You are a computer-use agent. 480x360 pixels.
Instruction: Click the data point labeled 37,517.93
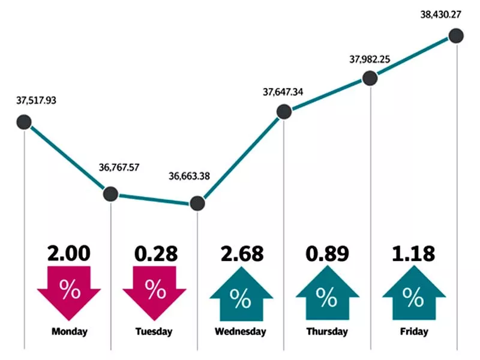[x=23, y=123]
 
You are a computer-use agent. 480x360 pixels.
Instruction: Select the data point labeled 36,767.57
[x=111, y=194]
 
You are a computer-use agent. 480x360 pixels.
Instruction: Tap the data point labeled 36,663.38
[x=197, y=203]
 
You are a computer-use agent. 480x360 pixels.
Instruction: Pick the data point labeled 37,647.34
[x=284, y=112]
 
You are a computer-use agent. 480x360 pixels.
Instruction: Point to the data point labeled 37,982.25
[x=370, y=78]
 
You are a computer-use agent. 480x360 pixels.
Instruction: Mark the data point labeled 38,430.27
[x=457, y=36]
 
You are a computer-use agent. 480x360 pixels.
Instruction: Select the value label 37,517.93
[x=37, y=100]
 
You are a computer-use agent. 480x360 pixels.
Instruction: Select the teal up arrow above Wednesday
[x=241, y=294]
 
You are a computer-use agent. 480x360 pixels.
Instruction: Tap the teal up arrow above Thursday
[x=327, y=294]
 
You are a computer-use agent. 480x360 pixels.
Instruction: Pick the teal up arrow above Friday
[x=413, y=294]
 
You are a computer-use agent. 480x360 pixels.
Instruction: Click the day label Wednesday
[x=241, y=331]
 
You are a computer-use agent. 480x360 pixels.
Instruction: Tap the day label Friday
[x=413, y=331]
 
